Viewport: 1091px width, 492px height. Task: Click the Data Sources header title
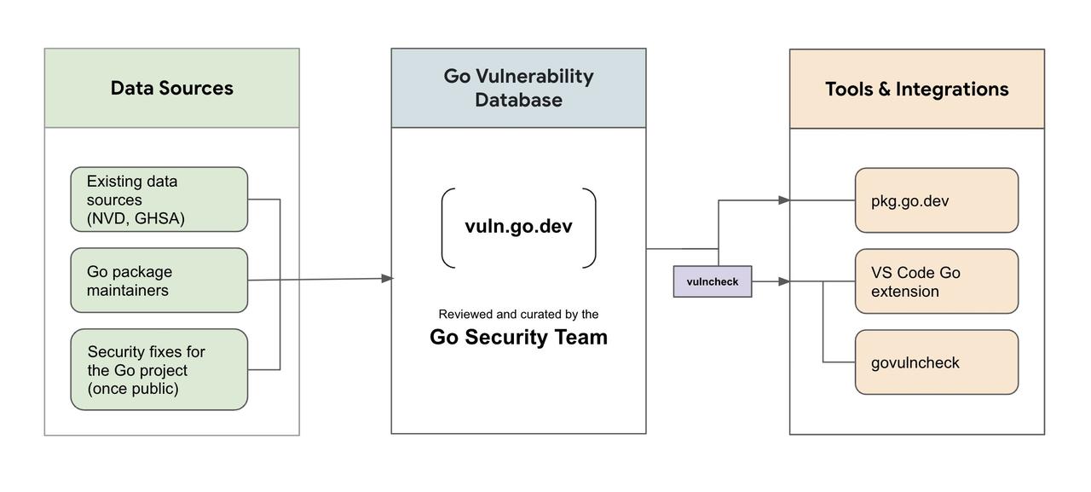[172, 88]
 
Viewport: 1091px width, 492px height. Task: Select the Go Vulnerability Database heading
[519, 88]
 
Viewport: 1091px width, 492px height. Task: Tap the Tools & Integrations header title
[916, 90]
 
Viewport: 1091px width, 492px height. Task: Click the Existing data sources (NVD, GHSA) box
[159, 200]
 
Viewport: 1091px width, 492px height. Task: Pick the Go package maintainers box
[159, 280]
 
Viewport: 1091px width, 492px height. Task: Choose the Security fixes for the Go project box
[159, 369]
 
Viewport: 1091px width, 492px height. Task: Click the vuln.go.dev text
[519, 226]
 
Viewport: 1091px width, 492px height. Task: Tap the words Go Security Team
[519, 337]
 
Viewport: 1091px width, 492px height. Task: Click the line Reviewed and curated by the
[519, 314]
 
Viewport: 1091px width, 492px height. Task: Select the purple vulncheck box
[713, 281]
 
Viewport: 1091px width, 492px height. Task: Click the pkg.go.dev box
[937, 200]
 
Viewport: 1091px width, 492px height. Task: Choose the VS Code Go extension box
[937, 281]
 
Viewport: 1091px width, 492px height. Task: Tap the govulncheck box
[937, 362]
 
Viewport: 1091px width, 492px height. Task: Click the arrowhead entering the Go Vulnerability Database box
[387, 278]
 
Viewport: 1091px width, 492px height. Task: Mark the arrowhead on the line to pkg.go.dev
[783, 200]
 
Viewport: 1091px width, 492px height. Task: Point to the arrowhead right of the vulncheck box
[783, 281]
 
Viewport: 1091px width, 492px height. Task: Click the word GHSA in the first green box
[159, 218]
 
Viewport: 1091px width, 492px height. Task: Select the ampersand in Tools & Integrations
[885, 90]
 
